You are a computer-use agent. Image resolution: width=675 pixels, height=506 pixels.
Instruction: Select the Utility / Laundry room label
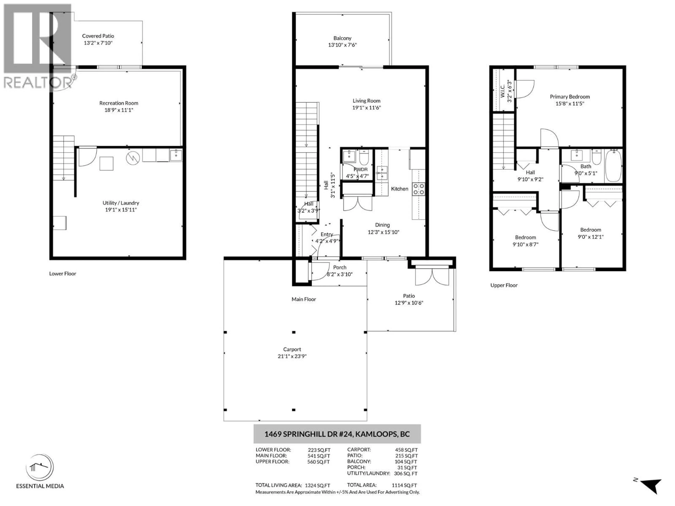point(121,203)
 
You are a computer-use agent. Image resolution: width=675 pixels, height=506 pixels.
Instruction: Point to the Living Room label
point(367,101)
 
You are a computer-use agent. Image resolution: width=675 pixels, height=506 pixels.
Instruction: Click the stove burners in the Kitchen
point(418,189)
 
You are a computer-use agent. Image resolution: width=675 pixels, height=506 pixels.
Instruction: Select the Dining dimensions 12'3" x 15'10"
point(383,232)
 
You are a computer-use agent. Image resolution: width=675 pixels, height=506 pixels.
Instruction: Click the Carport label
point(292,349)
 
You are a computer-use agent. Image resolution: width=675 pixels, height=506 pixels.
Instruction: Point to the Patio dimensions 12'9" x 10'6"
point(409,303)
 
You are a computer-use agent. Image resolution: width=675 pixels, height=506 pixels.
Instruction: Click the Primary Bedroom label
point(570,97)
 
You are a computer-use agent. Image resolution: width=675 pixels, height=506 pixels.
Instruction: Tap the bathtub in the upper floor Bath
point(613,166)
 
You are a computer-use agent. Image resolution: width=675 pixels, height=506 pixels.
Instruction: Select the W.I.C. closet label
point(502,91)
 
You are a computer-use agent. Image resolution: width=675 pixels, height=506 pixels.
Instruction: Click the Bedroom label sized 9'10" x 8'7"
point(525,237)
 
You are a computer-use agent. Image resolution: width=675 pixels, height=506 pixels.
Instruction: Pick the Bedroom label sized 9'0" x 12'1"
point(590,230)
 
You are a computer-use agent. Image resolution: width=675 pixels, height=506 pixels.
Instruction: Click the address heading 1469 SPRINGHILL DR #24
point(337,434)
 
